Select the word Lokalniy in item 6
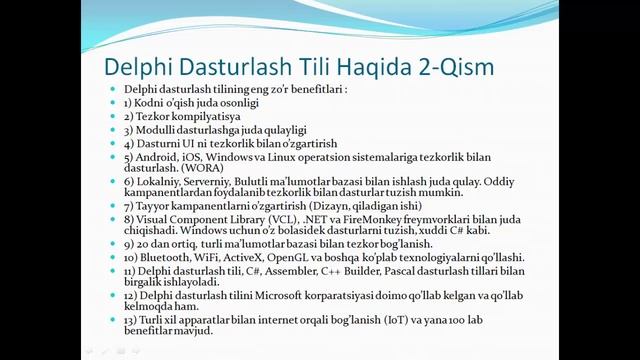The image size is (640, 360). click(155, 183)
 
